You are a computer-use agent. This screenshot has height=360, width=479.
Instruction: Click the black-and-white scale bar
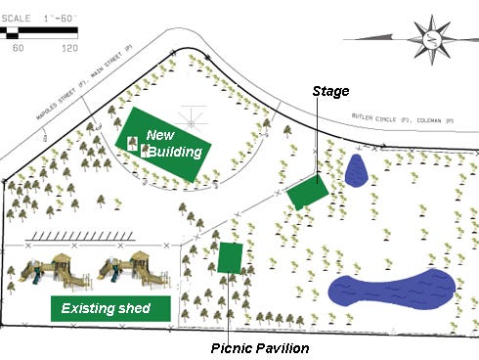(x=40, y=32)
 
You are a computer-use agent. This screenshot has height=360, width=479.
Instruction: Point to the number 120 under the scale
(x=69, y=46)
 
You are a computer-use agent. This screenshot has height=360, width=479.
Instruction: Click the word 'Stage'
(x=330, y=91)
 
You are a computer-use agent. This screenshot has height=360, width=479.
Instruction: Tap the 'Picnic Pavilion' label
(x=259, y=348)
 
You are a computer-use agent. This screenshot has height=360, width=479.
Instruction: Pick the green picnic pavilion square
(x=231, y=257)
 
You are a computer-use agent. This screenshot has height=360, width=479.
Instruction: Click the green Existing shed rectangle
(x=110, y=308)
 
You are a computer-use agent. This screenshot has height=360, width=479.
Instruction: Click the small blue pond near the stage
(x=356, y=169)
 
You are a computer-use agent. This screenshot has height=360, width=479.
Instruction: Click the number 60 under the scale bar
(x=17, y=46)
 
